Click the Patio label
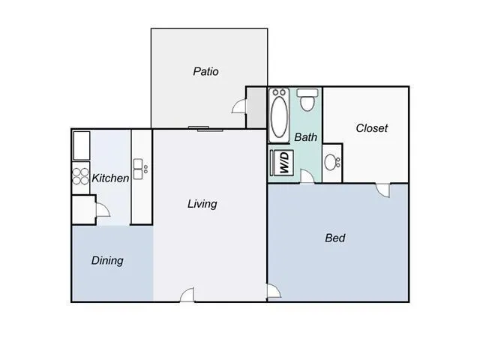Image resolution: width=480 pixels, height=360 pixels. [205, 72]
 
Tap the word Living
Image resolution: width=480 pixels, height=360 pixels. [202, 203]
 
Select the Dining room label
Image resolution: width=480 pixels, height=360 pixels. [107, 261]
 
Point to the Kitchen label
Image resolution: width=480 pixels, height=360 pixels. [110, 178]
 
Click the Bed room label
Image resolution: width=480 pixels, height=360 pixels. [334, 238]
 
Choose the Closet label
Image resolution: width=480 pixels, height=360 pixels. [371, 128]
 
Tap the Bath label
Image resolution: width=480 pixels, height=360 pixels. [305, 137]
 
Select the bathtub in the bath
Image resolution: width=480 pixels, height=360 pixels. [279, 114]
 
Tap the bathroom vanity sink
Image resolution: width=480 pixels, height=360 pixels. [332, 161]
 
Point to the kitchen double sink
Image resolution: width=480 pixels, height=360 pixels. [139, 169]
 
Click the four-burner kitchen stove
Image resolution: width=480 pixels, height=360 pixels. [80, 176]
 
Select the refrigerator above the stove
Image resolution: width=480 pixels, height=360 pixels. [80, 144]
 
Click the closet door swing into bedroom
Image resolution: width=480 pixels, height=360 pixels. [384, 190]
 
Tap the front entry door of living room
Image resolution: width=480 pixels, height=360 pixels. [187, 295]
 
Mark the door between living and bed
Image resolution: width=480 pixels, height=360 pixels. [273, 292]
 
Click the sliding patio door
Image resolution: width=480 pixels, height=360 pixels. [199, 128]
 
